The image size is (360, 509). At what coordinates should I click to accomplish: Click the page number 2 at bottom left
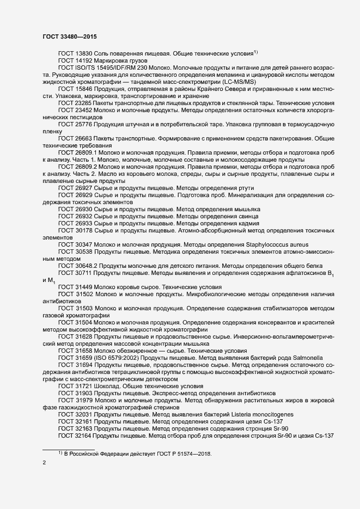click(x=44, y=463)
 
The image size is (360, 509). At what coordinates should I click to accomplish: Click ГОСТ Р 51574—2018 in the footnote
click(x=178, y=454)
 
